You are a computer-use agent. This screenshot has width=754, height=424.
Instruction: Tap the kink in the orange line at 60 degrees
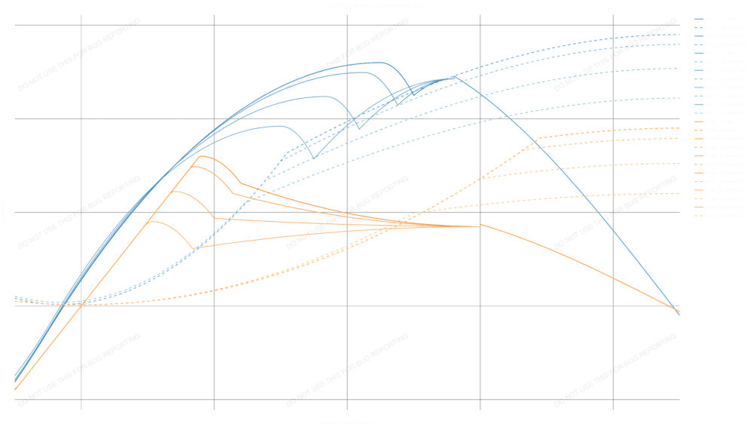click(481, 224)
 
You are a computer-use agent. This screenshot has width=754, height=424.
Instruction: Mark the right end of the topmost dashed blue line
click(679, 35)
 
